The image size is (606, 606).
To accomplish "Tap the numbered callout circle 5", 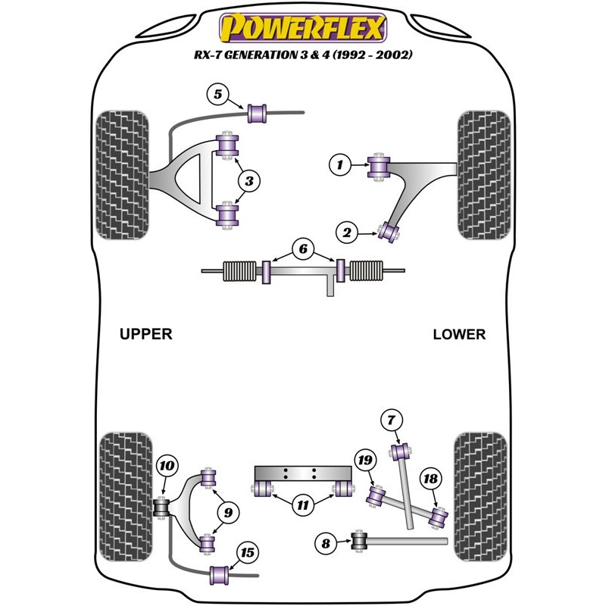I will tap(217, 95).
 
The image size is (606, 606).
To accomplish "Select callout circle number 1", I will tap(340, 163).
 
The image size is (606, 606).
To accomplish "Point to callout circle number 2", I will tap(348, 233).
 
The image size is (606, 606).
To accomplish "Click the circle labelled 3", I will tap(249, 180).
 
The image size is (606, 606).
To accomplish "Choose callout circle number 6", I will tap(302, 248).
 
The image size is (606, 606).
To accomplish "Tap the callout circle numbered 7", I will tap(391, 420).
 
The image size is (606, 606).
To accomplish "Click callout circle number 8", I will tap(326, 542).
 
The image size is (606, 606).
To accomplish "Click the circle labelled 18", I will tap(430, 478).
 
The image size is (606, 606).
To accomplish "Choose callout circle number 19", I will tap(365, 460).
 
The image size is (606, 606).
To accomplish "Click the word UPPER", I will tap(146, 333).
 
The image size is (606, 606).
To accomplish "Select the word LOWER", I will tap(459, 334).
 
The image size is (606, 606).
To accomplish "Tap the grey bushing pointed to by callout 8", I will tap(361, 541).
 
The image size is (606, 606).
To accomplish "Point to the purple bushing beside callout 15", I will tap(220, 574).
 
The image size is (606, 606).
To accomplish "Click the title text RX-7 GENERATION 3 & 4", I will tap(302, 56).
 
